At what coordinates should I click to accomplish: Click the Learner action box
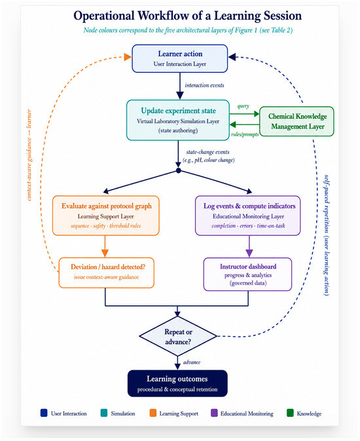coord(179,58)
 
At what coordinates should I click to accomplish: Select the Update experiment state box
coord(178,120)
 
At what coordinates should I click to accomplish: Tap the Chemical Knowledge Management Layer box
coord(297,121)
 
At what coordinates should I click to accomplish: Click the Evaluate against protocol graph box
coord(105,216)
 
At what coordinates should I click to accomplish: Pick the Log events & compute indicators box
coord(248,216)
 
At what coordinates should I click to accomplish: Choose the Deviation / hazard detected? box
coord(106,273)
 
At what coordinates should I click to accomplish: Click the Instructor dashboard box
coord(247,274)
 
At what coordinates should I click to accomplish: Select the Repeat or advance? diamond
coord(178,336)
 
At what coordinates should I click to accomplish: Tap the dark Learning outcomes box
coord(177,383)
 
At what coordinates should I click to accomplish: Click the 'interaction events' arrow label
coord(204,85)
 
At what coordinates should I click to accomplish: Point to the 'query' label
coord(243,106)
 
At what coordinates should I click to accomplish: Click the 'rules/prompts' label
coord(245,134)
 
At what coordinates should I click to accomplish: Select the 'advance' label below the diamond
coord(192,362)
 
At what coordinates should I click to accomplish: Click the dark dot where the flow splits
coord(178,170)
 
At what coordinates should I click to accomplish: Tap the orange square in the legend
coord(153,413)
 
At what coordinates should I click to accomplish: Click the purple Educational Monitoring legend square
coord(214,413)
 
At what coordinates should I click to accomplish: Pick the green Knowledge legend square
coord(290,413)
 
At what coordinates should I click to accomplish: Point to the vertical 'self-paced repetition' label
coord(326,235)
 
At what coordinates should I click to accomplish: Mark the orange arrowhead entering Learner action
coord(128,57)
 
